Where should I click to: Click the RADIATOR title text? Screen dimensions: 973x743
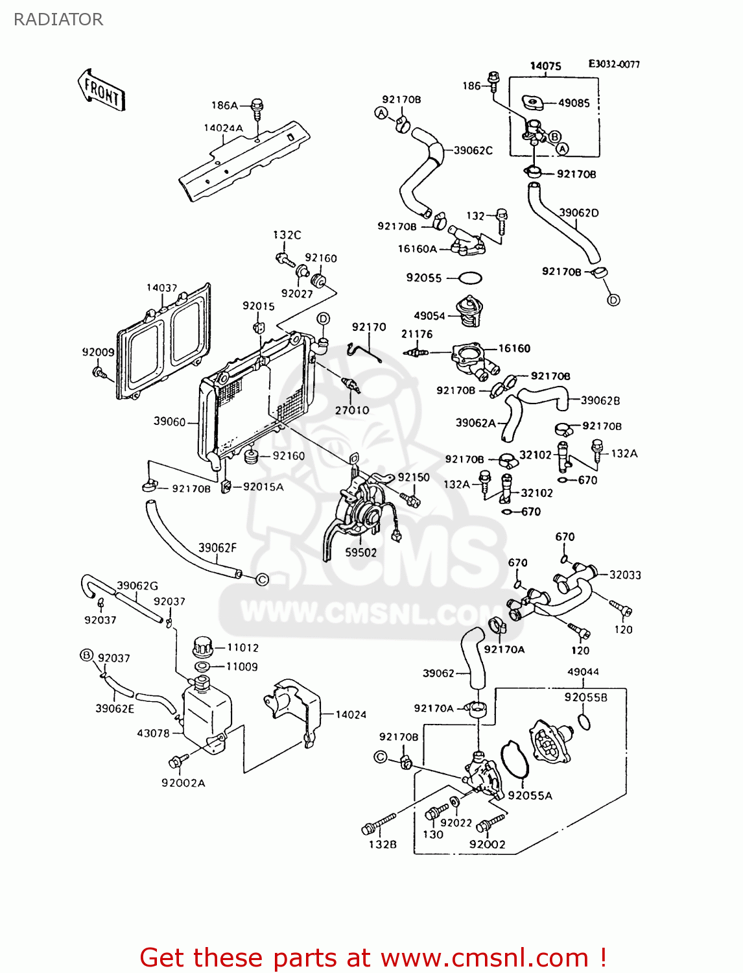click(x=58, y=19)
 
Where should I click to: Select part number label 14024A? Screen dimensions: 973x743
click(x=223, y=128)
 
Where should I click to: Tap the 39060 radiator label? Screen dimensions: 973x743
click(x=169, y=422)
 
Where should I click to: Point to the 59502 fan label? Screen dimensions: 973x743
click(x=360, y=553)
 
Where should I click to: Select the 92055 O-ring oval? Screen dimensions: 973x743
click(x=470, y=278)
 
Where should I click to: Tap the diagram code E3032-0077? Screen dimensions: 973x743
click(x=613, y=64)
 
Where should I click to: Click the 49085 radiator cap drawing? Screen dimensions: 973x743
click(x=532, y=102)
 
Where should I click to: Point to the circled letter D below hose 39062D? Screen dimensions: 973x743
click(x=613, y=300)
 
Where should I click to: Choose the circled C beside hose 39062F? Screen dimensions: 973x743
click(x=262, y=579)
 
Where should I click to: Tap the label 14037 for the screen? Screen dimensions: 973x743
click(x=161, y=288)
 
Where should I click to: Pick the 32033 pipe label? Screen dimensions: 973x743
click(x=625, y=575)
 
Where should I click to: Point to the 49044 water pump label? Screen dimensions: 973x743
click(x=583, y=672)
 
